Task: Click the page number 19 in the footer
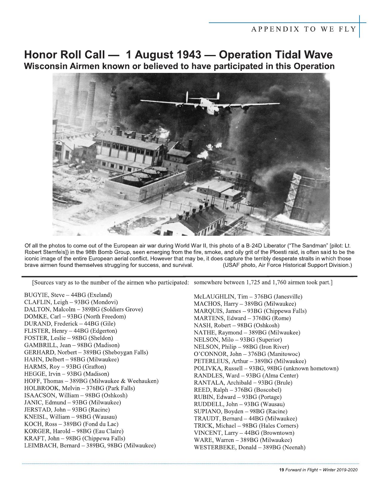[281, 470]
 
